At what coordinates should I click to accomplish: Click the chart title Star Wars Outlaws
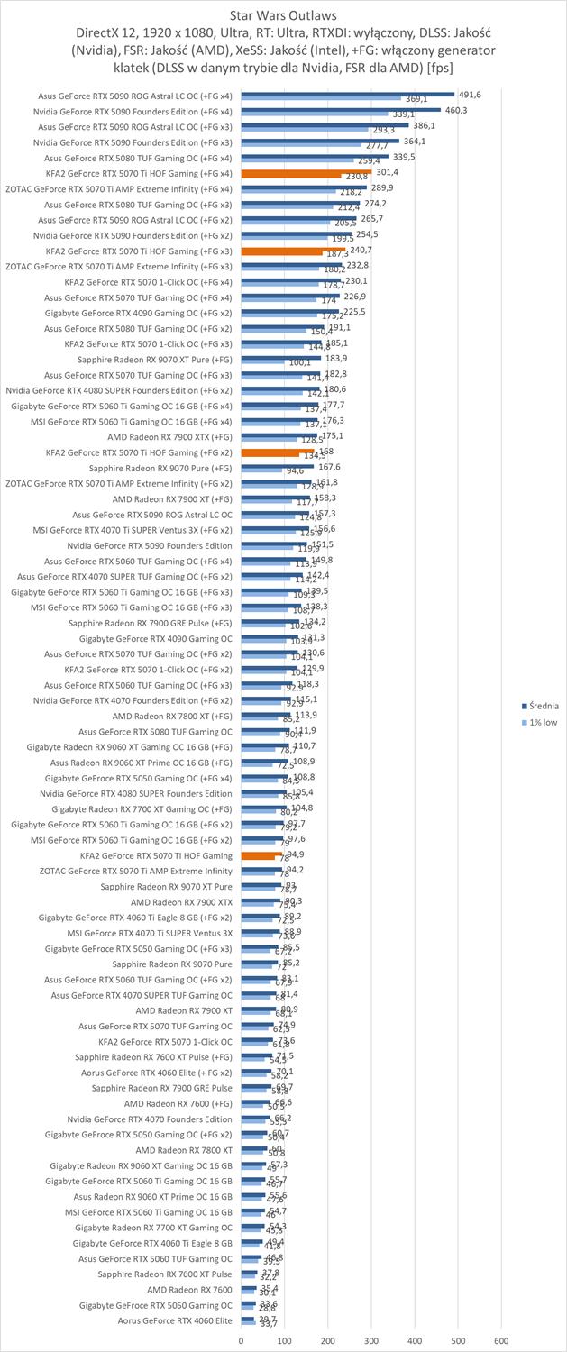click(284, 15)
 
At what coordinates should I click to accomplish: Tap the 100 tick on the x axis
click(285, 1340)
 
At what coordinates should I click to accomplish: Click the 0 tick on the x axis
click(242, 1340)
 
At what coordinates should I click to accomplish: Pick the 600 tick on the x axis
click(501, 1340)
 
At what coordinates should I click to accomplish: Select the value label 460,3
click(456, 110)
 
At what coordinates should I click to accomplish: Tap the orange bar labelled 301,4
click(306, 171)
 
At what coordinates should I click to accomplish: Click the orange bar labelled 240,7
click(293, 250)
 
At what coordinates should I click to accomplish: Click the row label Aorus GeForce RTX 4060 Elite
click(175, 1321)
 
